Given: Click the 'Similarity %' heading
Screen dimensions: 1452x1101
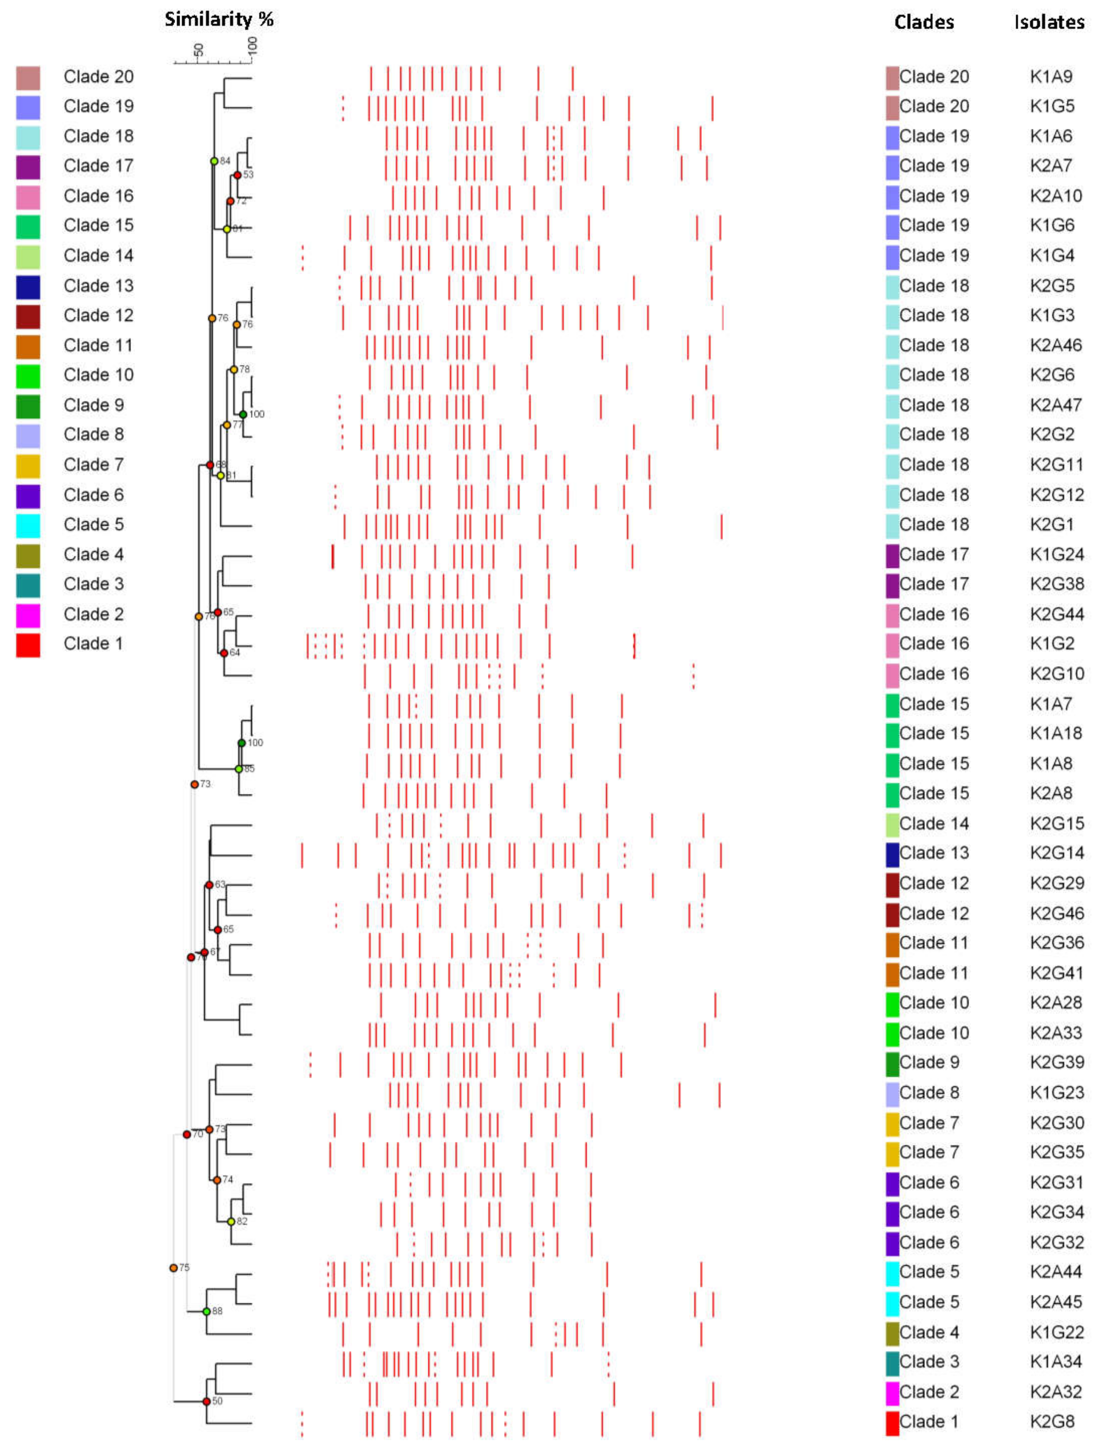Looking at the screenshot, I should pyautogui.click(x=219, y=20).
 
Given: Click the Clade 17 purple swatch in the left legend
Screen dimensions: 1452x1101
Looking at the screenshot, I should pyautogui.click(x=28, y=167).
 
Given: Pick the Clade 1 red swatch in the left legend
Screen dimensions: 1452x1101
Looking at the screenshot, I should pyautogui.click(x=28, y=645).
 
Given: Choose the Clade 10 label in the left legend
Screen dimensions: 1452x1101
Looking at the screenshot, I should pyautogui.click(x=98, y=375).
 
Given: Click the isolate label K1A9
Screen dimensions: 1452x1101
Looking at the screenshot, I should pyautogui.click(x=1051, y=77).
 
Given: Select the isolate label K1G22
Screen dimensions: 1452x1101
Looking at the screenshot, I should pyautogui.click(x=1056, y=1332).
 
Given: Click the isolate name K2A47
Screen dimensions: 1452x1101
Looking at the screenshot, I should pyautogui.click(x=1056, y=405).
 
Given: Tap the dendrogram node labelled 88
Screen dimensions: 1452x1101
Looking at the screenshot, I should pyautogui.click(x=207, y=1311).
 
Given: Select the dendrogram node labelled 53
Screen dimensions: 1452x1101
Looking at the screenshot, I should pyautogui.click(x=238, y=175).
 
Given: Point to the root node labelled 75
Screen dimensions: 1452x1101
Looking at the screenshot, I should pyautogui.click(x=173, y=1267).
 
